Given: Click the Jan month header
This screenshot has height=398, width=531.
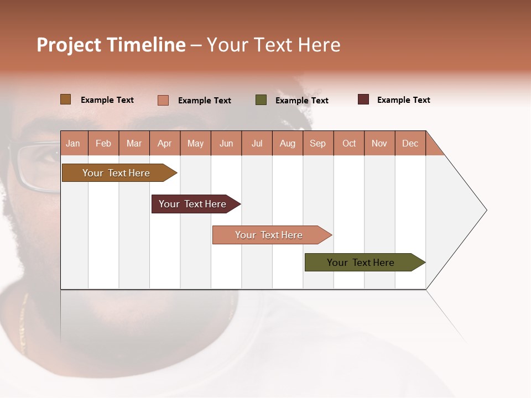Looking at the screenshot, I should pyautogui.click(x=74, y=143).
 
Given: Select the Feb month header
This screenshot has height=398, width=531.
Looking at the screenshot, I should pyautogui.click(x=103, y=143).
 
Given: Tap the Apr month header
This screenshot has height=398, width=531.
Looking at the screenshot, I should pyautogui.click(x=165, y=143).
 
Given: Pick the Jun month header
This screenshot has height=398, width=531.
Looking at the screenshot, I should pyautogui.click(x=226, y=143).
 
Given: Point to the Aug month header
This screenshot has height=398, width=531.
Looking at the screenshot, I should pyautogui.click(x=288, y=143).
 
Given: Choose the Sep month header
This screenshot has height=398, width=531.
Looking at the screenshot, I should pyautogui.click(x=318, y=143).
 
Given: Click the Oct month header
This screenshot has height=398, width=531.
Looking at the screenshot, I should pyautogui.click(x=349, y=143).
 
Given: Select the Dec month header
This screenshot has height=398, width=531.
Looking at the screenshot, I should pyautogui.click(x=410, y=143).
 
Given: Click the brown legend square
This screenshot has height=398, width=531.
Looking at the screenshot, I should pyautogui.click(x=66, y=99).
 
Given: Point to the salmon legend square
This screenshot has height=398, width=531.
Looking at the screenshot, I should pyautogui.click(x=163, y=100).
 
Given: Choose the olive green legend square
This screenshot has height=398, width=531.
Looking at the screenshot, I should pyautogui.click(x=261, y=100).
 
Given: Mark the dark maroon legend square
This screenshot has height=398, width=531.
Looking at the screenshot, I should pyautogui.click(x=363, y=99).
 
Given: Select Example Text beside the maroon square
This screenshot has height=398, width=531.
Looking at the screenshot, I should pyautogui.click(x=403, y=99).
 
